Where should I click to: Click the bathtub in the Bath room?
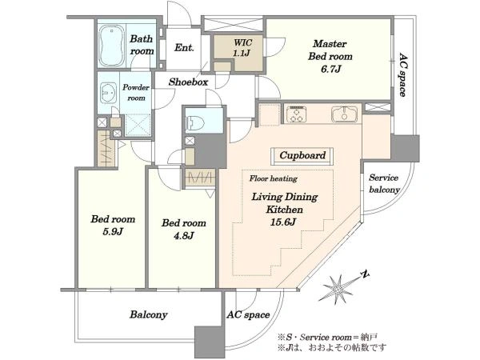(112, 46)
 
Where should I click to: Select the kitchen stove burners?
(296, 114)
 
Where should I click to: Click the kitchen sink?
(344, 114)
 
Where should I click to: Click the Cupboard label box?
(302, 155)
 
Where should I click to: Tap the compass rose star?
(338, 289)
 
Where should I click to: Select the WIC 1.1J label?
(242, 47)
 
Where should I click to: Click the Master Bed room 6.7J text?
(330, 56)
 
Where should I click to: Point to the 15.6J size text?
(283, 222)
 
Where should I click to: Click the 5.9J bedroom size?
(113, 231)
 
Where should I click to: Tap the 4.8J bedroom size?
(184, 235)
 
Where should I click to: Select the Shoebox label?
(188, 82)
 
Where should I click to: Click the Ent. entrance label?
(184, 48)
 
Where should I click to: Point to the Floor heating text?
(274, 178)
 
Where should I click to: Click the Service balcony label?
(384, 184)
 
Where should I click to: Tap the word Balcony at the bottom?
(149, 314)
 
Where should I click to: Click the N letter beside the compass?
(364, 274)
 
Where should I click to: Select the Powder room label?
(136, 93)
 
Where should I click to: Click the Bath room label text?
(142, 45)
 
